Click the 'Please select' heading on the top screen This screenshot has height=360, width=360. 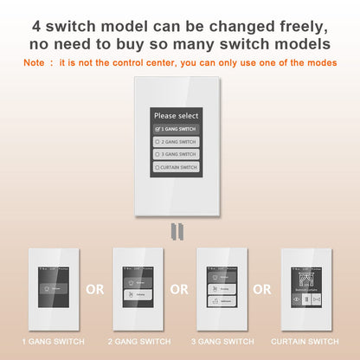[176, 115]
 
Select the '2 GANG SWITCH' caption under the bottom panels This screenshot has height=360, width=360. [137, 342]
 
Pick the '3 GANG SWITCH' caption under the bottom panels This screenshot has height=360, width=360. [221, 342]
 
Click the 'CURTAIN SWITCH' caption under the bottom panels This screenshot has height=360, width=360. [305, 342]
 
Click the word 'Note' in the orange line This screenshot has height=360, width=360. [33, 62]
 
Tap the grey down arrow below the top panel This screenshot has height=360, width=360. [177, 229]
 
